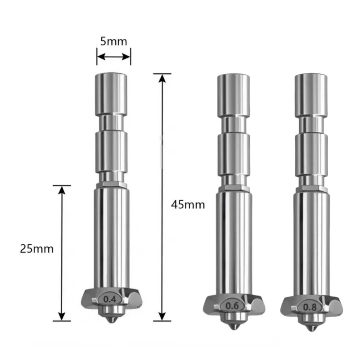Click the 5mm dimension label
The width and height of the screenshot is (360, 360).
[x=114, y=41]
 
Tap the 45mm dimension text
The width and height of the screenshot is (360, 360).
[x=188, y=205]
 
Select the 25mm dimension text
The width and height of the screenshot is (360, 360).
[x=37, y=249]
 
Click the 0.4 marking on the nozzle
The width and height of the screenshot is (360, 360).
[x=110, y=299]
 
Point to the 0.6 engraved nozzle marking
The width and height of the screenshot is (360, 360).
[x=232, y=306]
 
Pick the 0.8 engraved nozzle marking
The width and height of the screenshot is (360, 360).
[x=310, y=307]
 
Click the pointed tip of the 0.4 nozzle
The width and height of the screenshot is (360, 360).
[x=111, y=322]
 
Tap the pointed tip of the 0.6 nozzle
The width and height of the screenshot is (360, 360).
[x=234, y=329]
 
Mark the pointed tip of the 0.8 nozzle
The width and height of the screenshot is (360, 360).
[x=311, y=330]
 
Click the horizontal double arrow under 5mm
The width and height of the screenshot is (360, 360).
[x=114, y=57]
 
